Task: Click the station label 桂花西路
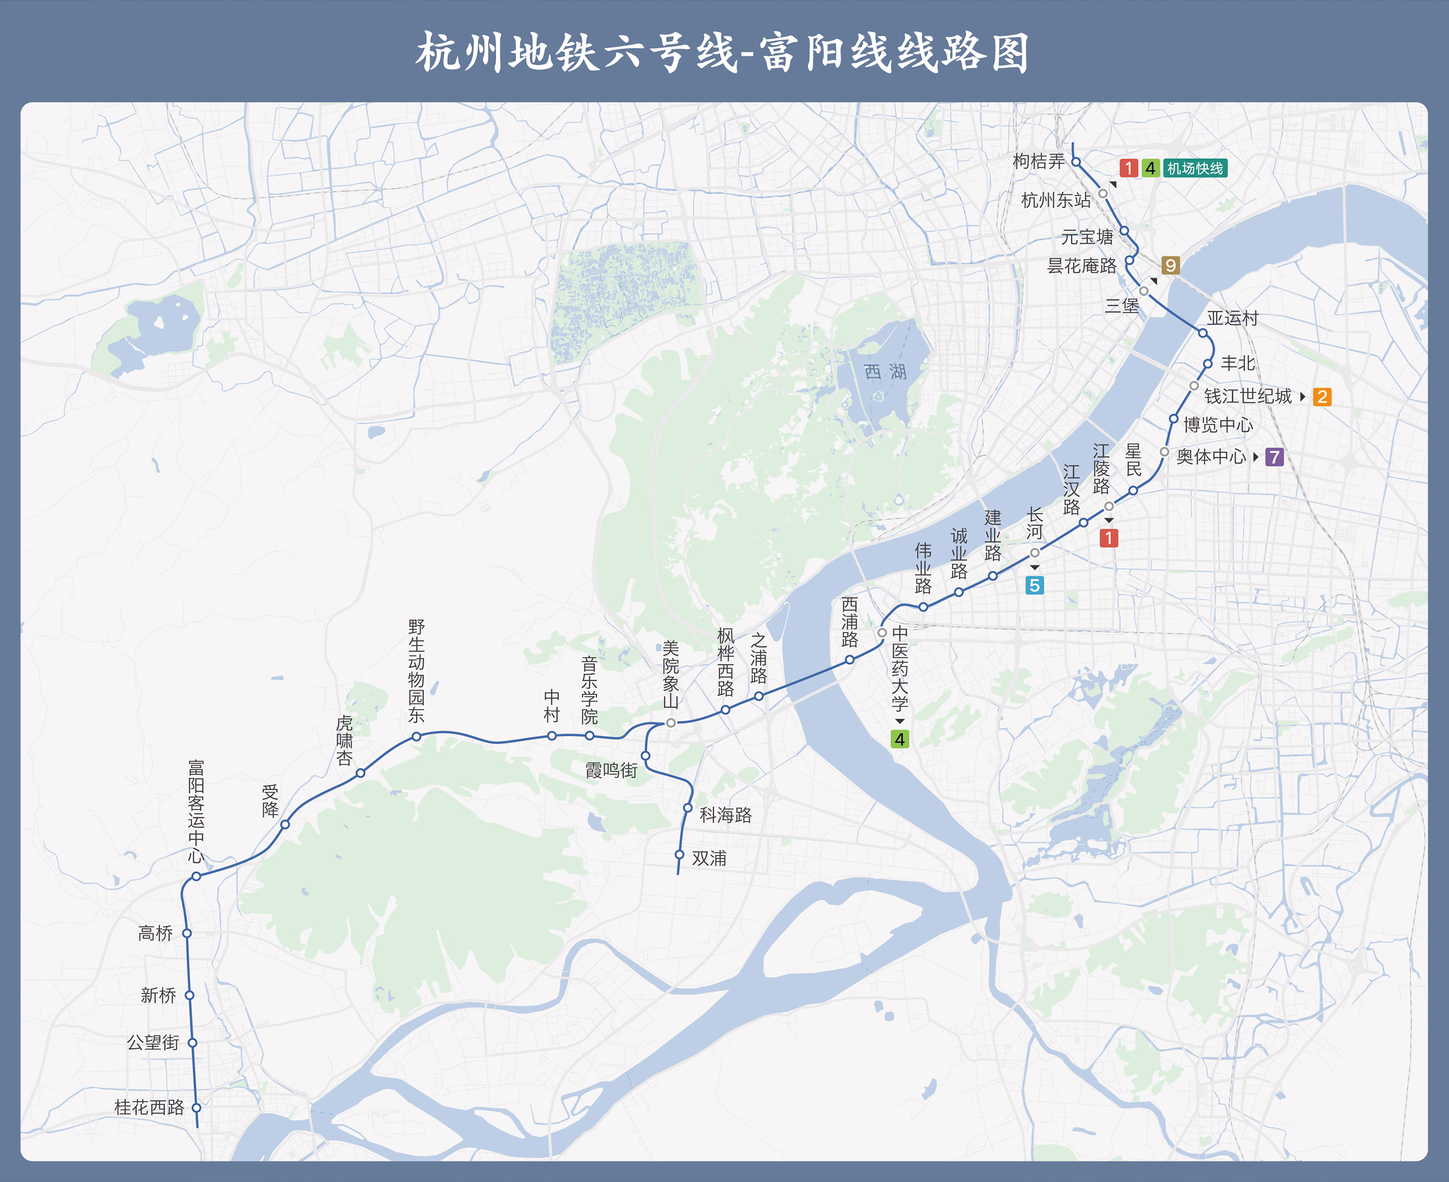pyautogui.click(x=148, y=1107)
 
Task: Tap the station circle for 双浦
pyautogui.click(x=679, y=854)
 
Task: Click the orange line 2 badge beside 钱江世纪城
pyautogui.click(x=1321, y=397)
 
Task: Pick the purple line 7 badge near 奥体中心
pyautogui.click(x=1274, y=457)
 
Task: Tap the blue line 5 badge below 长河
pyautogui.click(x=1034, y=585)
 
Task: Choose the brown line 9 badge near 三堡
pyautogui.click(x=1170, y=266)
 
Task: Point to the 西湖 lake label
pyautogui.click(x=885, y=372)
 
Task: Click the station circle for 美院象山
pyautogui.click(x=671, y=722)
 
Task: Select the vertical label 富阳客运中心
pyautogui.click(x=196, y=810)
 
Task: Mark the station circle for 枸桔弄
pyautogui.click(x=1076, y=162)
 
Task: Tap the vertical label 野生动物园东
pyautogui.click(x=416, y=671)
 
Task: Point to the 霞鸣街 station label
pyautogui.click(x=611, y=771)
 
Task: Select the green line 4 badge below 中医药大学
pyautogui.click(x=899, y=740)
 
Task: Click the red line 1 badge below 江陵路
pyautogui.click(x=1108, y=539)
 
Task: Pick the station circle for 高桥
pyautogui.click(x=187, y=934)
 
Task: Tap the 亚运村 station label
pyautogui.click(x=1232, y=318)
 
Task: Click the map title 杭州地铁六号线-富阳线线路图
pyautogui.click(x=723, y=53)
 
